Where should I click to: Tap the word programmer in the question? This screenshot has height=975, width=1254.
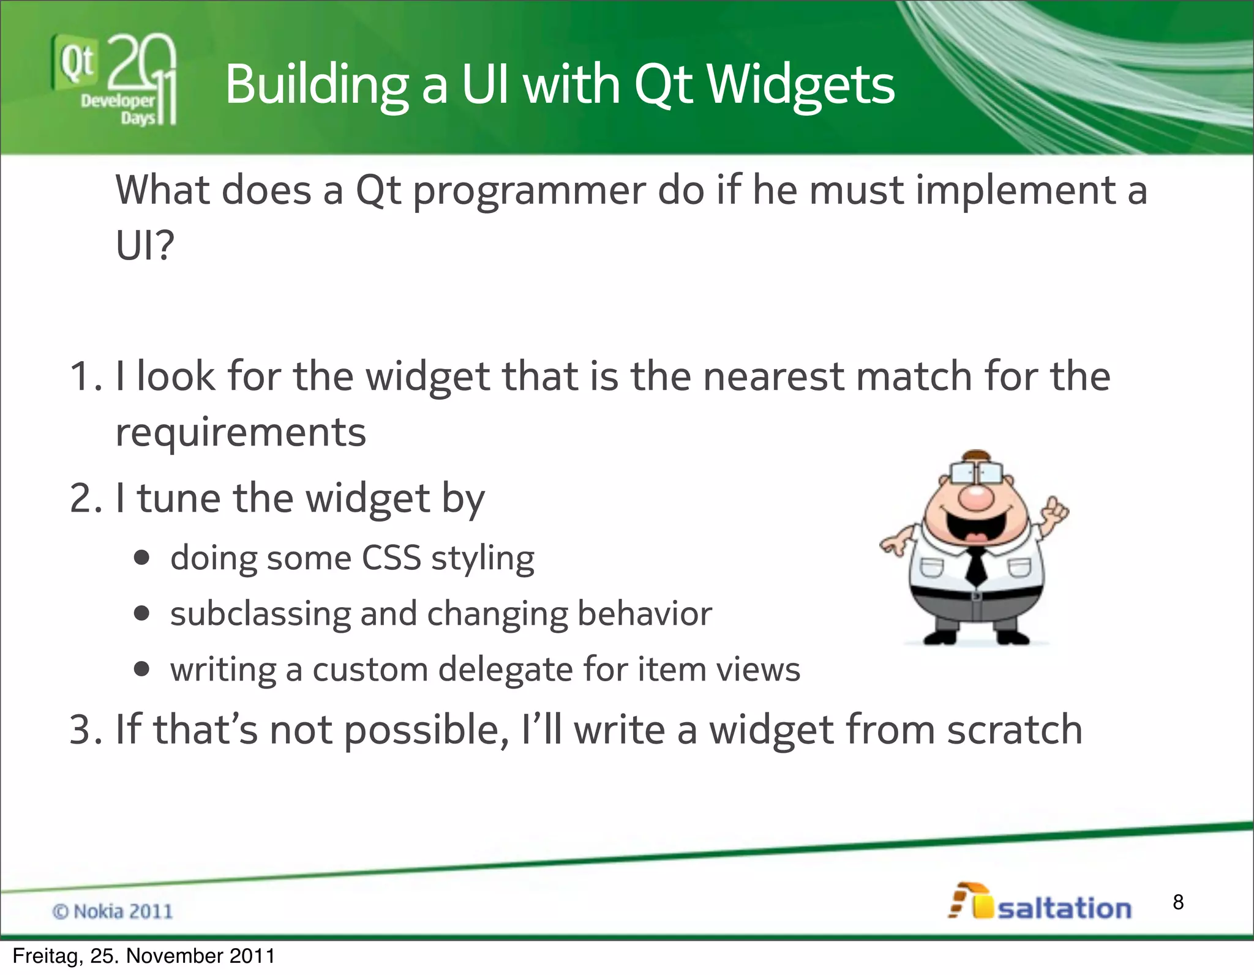[x=529, y=191]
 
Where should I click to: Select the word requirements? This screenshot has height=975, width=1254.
[x=241, y=433]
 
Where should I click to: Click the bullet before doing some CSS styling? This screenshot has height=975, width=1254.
[x=142, y=558]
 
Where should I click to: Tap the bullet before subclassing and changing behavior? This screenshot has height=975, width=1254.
[x=142, y=613]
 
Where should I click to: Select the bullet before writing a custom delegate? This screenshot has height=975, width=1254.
[x=142, y=669]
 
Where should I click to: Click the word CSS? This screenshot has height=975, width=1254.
[x=391, y=558]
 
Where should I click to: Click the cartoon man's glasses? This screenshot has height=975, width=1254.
[x=976, y=473]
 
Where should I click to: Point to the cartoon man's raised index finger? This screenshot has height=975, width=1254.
[x=1054, y=504]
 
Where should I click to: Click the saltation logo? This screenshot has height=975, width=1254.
[x=1041, y=903]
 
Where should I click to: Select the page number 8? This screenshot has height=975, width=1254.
[x=1178, y=902]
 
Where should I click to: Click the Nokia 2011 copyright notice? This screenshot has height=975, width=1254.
[x=113, y=911]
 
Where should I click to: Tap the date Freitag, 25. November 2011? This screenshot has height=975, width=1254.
[x=144, y=956]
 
